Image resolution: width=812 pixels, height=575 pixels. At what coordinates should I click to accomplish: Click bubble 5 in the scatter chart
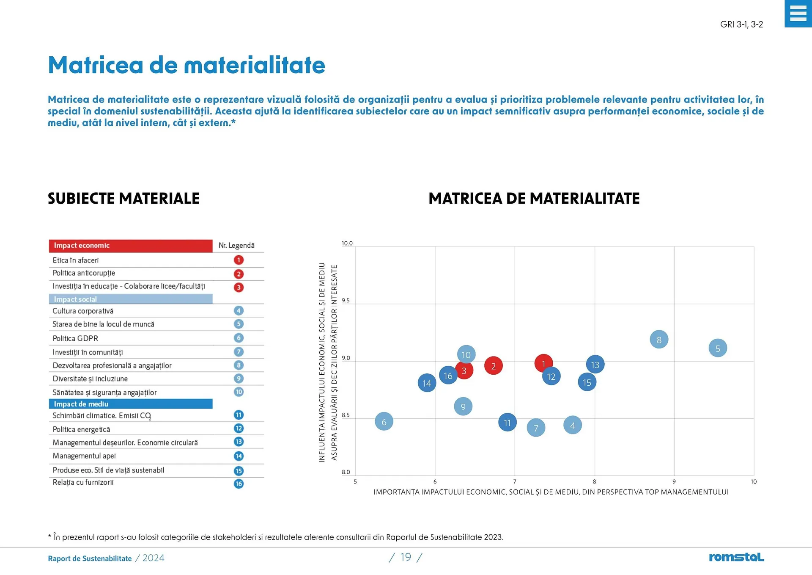click(717, 348)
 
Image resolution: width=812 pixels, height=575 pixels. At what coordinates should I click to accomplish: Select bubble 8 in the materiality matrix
click(658, 339)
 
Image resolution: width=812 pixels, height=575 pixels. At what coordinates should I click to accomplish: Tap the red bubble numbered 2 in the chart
click(493, 366)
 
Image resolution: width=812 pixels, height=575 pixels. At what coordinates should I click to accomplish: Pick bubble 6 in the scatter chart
click(384, 422)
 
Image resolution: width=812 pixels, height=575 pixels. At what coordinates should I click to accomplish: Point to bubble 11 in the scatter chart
click(507, 423)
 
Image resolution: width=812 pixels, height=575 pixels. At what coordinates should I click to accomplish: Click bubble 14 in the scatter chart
click(427, 383)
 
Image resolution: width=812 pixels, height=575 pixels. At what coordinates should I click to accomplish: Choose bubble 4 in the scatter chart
click(572, 425)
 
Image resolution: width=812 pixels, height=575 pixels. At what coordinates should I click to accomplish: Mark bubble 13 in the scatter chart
click(595, 365)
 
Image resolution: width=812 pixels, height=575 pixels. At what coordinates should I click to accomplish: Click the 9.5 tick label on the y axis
click(346, 301)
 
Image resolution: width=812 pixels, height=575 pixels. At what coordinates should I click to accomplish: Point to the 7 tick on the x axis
click(515, 481)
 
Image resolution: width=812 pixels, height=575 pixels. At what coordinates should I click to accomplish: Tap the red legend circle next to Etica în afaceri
click(239, 260)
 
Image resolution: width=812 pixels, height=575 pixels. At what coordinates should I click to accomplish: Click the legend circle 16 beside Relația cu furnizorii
click(239, 484)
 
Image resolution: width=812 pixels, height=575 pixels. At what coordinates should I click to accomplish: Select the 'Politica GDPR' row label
click(75, 338)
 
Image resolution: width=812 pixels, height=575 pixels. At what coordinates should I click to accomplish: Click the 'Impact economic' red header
click(130, 246)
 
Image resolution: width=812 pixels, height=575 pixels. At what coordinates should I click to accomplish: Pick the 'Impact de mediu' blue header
click(130, 404)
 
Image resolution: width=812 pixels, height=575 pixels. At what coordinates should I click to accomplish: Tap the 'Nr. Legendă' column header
click(236, 246)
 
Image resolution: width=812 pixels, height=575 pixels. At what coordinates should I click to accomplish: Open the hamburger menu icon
click(798, 14)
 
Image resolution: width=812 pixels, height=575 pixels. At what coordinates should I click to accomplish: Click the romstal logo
click(736, 557)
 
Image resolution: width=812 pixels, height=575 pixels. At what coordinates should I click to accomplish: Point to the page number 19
click(406, 557)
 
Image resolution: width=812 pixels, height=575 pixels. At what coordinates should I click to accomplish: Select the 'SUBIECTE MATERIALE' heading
click(123, 199)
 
